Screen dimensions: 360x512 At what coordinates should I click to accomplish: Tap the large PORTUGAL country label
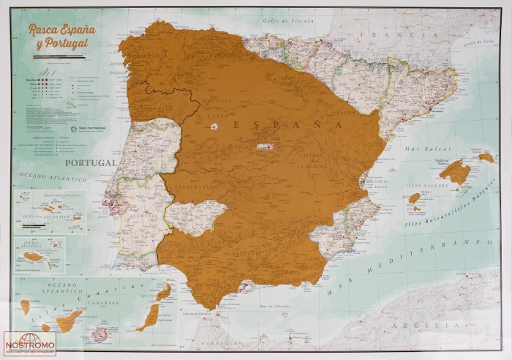click(90, 162)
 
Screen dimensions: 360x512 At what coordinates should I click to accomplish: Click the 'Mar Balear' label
click(423, 149)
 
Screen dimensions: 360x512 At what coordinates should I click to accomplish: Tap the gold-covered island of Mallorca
click(455, 172)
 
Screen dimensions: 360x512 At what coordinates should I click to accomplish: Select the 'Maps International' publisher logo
click(91, 128)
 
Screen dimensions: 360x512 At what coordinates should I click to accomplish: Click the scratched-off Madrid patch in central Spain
click(265, 147)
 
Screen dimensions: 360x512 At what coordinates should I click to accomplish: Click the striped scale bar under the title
click(59, 56)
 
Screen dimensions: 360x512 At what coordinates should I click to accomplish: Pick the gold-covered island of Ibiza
click(414, 198)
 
